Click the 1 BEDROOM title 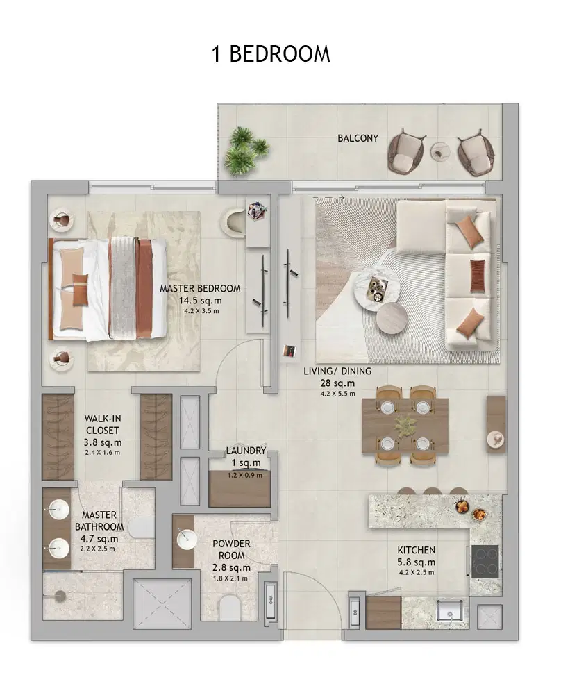coord(271,54)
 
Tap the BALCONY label coord(358,138)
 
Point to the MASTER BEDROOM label coord(200,288)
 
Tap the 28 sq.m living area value coord(338,383)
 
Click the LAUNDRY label coord(246,451)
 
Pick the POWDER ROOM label coord(231,549)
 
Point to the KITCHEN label coord(417,550)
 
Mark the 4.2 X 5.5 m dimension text coord(338,394)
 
